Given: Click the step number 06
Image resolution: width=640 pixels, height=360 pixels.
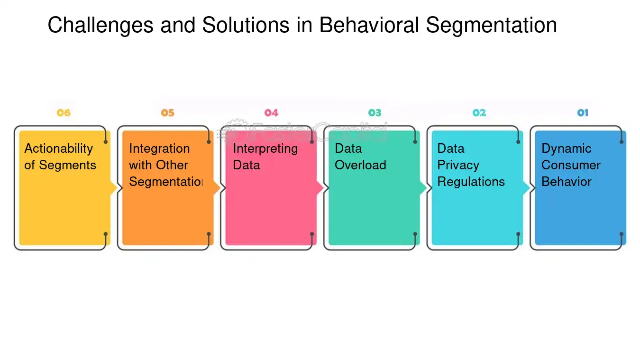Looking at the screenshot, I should pyautogui.click(x=64, y=113).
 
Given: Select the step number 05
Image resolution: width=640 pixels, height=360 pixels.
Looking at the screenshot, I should pyautogui.click(x=167, y=113).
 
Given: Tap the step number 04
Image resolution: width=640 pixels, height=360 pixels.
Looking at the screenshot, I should pyautogui.click(x=271, y=113).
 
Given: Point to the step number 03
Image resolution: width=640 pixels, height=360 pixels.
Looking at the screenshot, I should pyautogui.click(x=375, y=113).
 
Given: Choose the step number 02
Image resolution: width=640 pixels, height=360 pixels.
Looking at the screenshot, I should pyautogui.click(x=479, y=113).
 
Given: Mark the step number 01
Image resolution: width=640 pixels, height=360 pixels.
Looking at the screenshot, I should pyautogui.click(x=583, y=113).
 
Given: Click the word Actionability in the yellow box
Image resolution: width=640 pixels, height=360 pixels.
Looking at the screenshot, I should pyautogui.click(x=58, y=149).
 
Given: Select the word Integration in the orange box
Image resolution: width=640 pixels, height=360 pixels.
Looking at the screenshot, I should pyautogui.click(x=159, y=149).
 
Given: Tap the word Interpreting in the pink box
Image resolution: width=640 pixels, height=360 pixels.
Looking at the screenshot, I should pyautogui.click(x=265, y=149).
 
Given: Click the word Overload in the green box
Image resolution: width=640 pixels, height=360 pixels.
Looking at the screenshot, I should pyautogui.click(x=360, y=165).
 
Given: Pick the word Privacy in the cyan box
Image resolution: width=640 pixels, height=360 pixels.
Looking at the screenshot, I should pyautogui.click(x=458, y=165).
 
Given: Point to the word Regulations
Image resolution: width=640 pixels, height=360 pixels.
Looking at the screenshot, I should pyautogui.click(x=471, y=182).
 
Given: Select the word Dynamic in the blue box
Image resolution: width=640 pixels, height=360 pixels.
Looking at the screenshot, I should pyautogui.click(x=566, y=149).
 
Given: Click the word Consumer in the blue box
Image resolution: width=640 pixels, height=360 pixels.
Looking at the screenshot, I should pyautogui.click(x=571, y=165).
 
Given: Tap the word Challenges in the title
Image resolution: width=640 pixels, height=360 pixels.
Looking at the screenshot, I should pyautogui.click(x=101, y=26).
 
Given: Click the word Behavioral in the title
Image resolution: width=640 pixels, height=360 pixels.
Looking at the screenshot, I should pyautogui.click(x=369, y=26).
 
